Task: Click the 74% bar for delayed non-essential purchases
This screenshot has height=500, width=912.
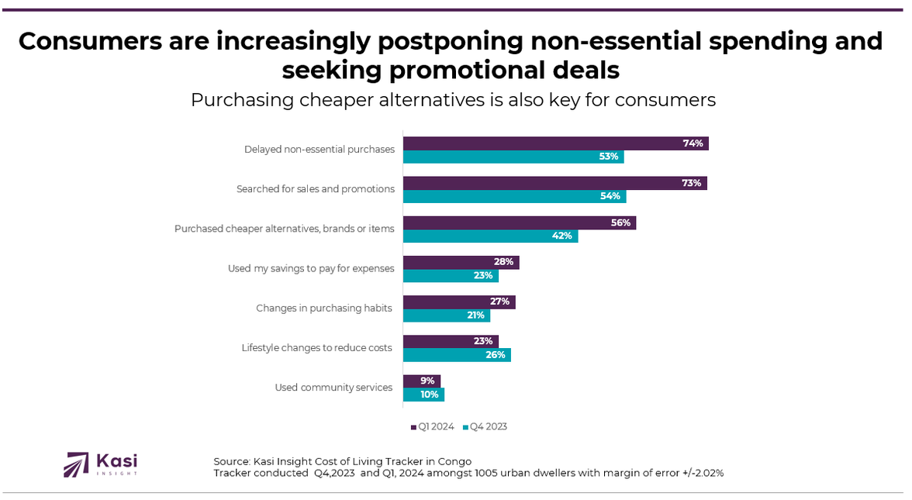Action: (x=555, y=143)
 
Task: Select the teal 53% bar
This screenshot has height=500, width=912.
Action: (x=513, y=157)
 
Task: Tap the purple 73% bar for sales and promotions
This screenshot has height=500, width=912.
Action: (x=554, y=183)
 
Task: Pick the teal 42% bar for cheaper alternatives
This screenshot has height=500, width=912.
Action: (x=490, y=236)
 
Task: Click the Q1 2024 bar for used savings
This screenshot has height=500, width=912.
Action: (x=461, y=262)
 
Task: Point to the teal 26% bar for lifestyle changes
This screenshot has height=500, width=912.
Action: (x=457, y=354)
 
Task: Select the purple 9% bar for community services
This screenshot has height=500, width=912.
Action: (x=421, y=381)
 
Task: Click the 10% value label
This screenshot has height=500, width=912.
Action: (x=430, y=395)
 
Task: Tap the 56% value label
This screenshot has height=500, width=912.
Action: (x=622, y=222)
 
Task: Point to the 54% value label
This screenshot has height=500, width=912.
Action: (x=610, y=197)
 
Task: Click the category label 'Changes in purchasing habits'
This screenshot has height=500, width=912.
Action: (x=324, y=309)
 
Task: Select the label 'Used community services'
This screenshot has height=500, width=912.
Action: (x=333, y=388)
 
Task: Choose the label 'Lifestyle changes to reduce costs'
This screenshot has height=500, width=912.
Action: (x=316, y=348)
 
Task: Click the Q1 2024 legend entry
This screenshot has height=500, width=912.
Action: (x=433, y=426)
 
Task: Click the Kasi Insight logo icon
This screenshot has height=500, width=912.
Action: (x=77, y=464)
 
